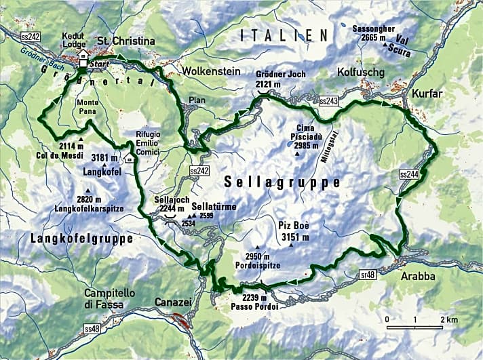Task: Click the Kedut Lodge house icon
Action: [x=82, y=55]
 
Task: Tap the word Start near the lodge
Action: [x=100, y=62]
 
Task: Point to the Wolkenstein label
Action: [x=208, y=70]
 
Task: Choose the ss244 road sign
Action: [x=410, y=174]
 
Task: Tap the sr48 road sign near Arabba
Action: [x=369, y=274]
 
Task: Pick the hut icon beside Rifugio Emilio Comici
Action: [x=130, y=159]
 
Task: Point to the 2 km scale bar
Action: [x=415, y=328]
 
